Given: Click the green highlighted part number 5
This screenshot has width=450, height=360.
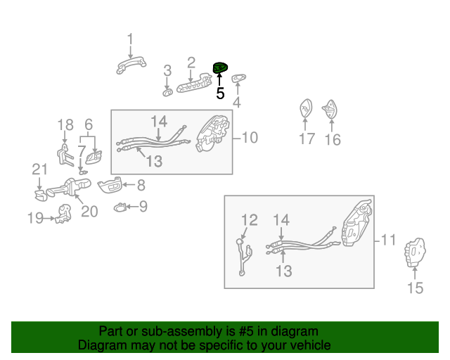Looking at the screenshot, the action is click(x=220, y=67).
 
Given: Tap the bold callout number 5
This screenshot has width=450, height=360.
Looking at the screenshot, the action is click(x=220, y=94).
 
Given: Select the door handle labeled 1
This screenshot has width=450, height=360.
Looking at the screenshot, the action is click(x=131, y=65).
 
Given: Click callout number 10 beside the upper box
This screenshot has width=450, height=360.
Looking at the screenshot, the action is click(x=250, y=138).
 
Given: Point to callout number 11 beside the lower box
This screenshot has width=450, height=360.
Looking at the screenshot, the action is click(x=388, y=240).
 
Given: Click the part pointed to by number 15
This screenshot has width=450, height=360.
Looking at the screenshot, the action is click(x=415, y=252).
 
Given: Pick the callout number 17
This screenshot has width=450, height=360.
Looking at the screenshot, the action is click(x=307, y=139).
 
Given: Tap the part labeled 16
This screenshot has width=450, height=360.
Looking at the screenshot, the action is click(x=330, y=109).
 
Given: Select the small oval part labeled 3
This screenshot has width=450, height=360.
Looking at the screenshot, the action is click(x=167, y=92).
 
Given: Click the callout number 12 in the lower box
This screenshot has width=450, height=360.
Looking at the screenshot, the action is click(x=249, y=220).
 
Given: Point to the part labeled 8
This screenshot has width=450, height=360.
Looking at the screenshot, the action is click(x=110, y=185).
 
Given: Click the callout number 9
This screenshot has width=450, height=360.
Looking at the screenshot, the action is click(x=143, y=207).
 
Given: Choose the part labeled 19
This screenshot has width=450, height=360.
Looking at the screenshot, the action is click(x=63, y=214).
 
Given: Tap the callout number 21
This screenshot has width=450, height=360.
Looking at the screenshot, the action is click(x=39, y=169).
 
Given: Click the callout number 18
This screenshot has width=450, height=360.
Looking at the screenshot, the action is click(x=65, y=125).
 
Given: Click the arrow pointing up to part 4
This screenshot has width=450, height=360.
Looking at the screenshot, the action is click(x=238, y=89).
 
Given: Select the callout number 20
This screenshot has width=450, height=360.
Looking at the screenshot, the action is click(x=89, y=212).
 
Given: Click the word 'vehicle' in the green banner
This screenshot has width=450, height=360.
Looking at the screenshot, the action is click(x=314, y=345).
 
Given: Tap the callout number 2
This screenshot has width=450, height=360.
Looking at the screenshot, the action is click(x=191, y=63).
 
